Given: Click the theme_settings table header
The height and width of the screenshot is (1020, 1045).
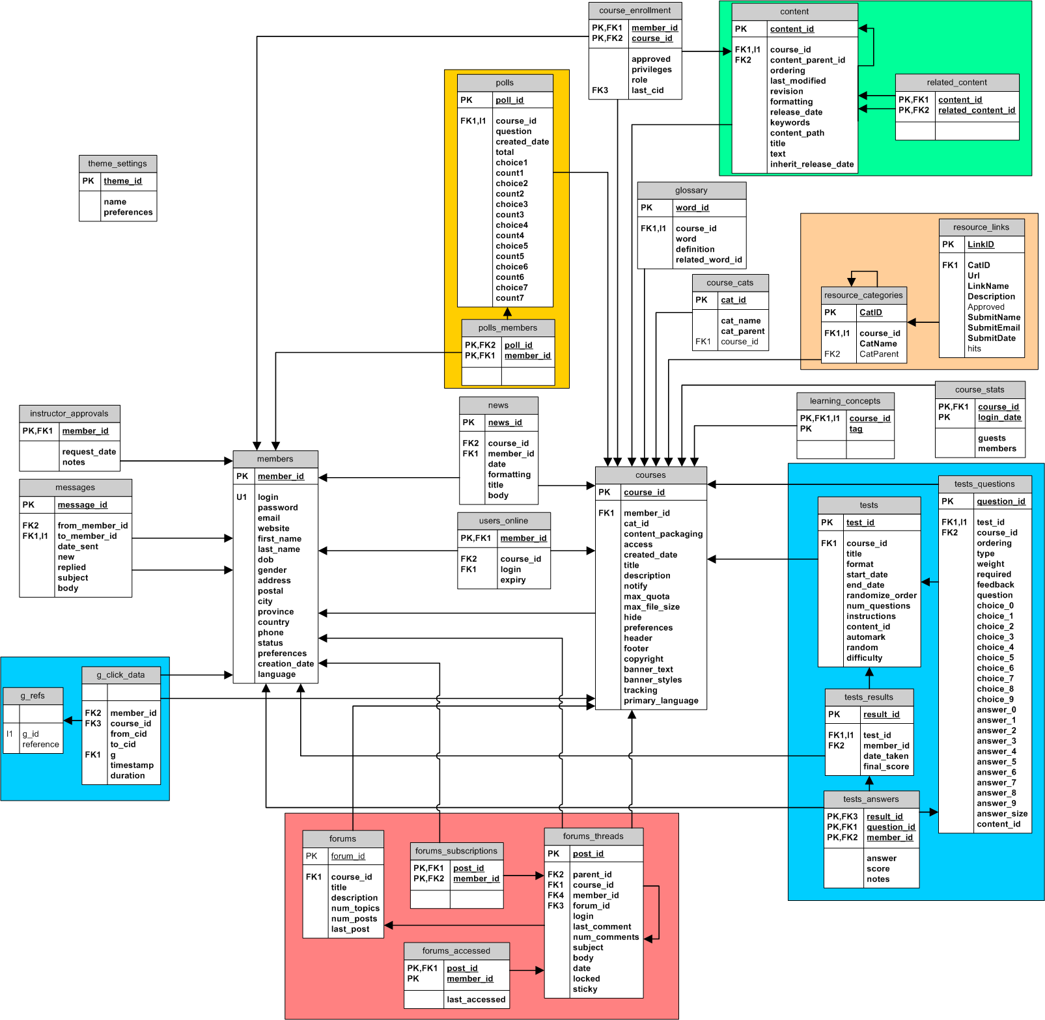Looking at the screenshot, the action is tap(118, 163).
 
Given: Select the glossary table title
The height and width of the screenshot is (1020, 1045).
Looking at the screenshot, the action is tap(691, 190).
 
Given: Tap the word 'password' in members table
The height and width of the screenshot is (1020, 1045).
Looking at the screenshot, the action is tap(278, 508).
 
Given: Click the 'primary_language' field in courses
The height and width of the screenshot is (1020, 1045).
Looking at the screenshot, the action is tap(661, 701).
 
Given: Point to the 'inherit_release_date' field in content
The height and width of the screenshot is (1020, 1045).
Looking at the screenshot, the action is tap(812, 165).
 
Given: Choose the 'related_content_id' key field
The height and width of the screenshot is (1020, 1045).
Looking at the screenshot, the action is tap(977, 111).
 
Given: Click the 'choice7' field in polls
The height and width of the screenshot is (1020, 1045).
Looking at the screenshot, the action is tap(512, 288).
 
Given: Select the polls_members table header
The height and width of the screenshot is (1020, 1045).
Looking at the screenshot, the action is tap(508, 328).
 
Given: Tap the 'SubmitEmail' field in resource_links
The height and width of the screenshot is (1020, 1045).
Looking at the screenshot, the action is tap(994, 328).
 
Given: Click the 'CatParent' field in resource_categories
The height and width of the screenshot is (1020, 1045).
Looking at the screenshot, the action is tap(879, 354).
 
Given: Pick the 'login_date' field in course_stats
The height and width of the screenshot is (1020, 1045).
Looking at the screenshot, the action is tap(999, 418).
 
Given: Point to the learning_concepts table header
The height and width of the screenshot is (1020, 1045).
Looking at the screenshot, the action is tap(845, 401).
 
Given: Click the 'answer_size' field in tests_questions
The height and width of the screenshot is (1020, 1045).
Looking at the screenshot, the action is tap(1002, 814).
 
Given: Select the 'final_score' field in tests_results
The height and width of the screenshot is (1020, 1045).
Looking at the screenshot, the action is tap(886, 767).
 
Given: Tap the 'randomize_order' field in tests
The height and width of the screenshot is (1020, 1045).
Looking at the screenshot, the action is tap(882, 596).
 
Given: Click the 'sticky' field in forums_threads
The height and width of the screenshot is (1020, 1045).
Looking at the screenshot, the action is tap(585, 989).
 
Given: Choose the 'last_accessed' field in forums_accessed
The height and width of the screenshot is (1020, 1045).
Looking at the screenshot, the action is tap(476, 1000).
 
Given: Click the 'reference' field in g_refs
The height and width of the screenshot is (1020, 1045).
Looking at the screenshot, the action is tap(40, 745).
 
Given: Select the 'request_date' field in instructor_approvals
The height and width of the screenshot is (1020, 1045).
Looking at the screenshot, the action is tap(89, 452).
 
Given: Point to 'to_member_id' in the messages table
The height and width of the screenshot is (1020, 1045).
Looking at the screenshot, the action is tap(87, 536).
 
